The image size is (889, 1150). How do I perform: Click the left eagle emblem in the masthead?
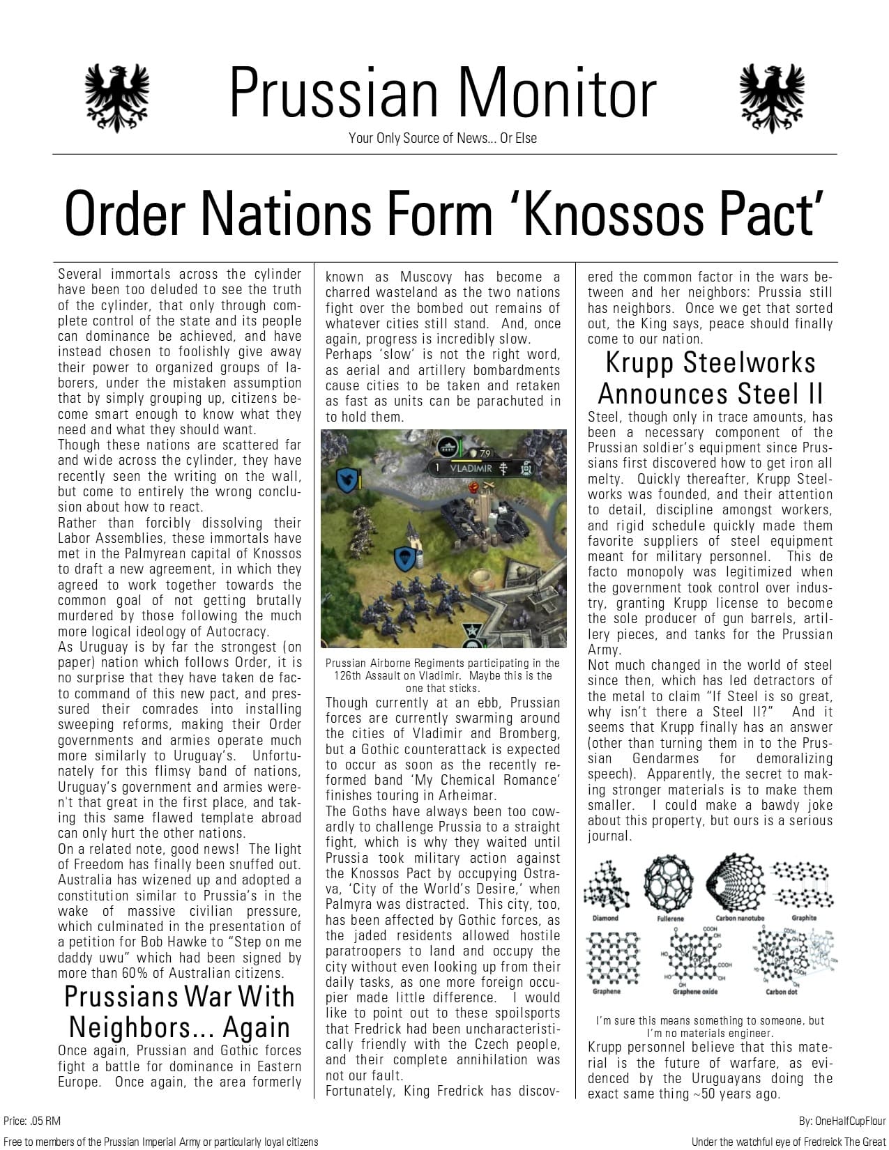click(x=116, y=98)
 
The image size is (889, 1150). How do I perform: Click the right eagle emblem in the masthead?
click(x=771, y=98)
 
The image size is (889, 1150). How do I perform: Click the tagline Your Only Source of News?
click(x=443, y=138)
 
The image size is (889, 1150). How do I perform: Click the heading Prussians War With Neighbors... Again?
click(x=179, y=1012)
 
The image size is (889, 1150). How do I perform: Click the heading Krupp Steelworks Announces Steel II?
click(x=710, y=378)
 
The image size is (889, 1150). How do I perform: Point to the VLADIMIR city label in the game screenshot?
click(x=471, y=468)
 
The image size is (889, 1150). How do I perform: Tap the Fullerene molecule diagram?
click(x=670, y=883)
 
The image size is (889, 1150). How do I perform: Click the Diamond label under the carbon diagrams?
click(x=605, y=918)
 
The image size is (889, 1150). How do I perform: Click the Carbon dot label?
click(x=781, y=991)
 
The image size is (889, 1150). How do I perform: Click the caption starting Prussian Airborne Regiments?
click(x=442, y=675)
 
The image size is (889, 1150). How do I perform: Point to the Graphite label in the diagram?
click(x=803, y=918)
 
